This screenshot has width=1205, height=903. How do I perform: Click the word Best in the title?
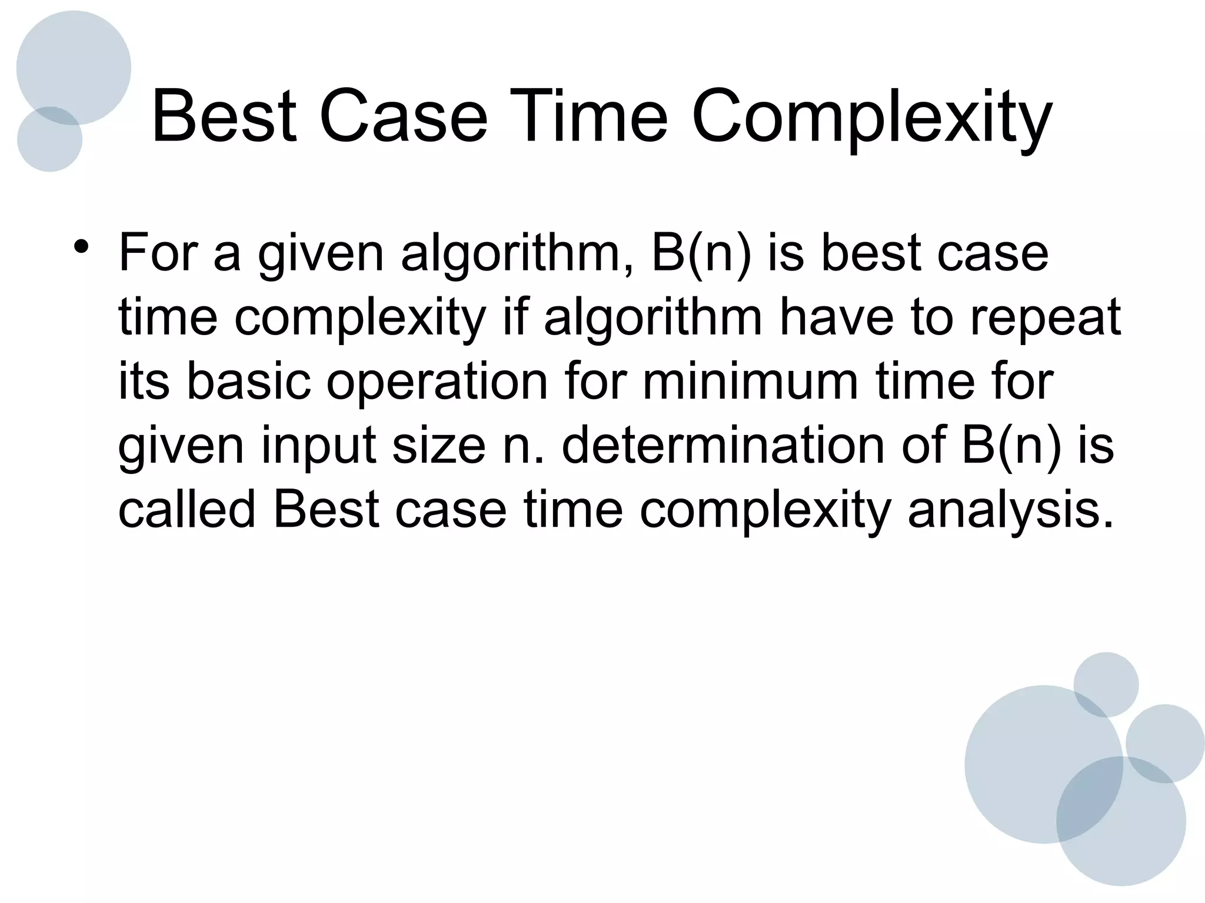[x=224, y=116]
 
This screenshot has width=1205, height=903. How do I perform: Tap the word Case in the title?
[x=404, y=116]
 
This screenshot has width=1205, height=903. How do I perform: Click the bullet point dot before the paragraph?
[x=82, y=245]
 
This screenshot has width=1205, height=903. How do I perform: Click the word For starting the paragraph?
[x=158, y=254]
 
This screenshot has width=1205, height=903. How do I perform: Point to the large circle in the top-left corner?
[x=74, y=65]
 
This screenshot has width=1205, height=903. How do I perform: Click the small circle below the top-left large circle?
[x=49, y=141]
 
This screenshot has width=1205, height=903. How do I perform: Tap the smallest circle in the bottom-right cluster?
[x=1106, y=684]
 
